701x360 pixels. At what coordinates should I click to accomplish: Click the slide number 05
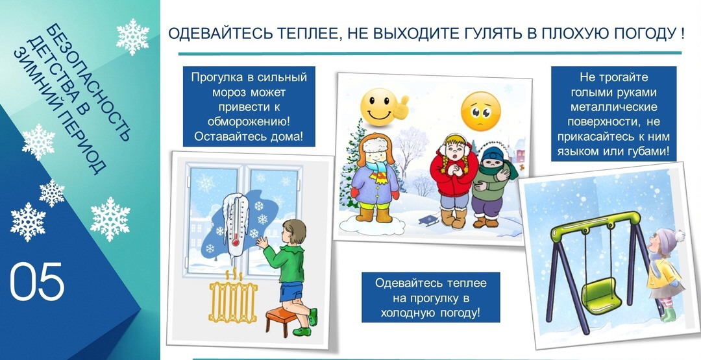point(37,282)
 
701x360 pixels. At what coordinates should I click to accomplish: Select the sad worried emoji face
point(481,111)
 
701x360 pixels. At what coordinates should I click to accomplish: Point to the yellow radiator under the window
point(232,301)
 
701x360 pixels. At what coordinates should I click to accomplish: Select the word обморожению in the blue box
point(249,121)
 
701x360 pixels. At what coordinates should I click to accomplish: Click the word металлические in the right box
point(613,107)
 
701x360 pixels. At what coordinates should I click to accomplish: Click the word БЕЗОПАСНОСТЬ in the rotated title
point(88,83)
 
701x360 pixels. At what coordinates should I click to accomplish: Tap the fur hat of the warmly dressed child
point(376,145)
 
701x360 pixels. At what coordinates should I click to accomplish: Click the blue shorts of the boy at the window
point(291,292)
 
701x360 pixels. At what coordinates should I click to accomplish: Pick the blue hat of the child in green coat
point(493,154)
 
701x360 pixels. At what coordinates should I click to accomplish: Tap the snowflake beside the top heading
point(133,36)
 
